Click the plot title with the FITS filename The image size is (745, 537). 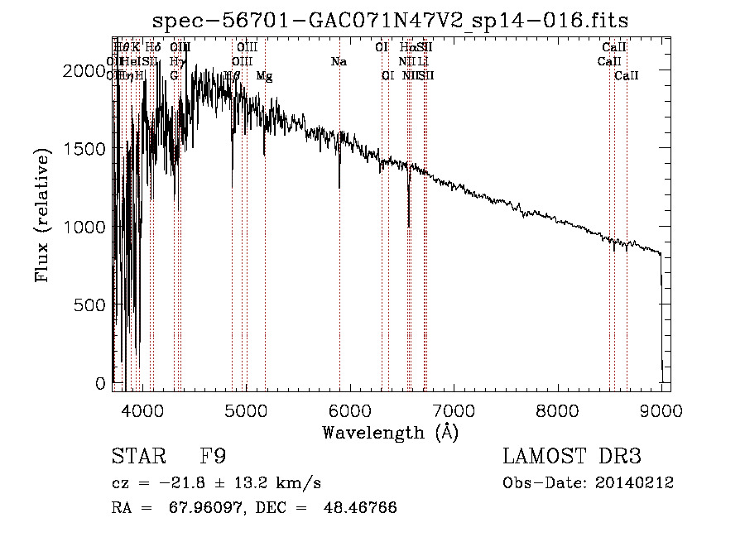coord(392,20)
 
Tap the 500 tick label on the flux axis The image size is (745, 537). coord(91,304)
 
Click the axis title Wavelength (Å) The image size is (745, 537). coord(391,432)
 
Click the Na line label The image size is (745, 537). coord(338,61)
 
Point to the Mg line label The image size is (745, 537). coord(264,75)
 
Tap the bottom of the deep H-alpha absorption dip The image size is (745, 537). coord(409,226)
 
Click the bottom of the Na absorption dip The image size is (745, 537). coord(339,188)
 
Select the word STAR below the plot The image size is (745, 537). coord(137,457)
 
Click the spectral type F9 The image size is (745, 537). coord(213,457)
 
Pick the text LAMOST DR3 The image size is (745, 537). coord(571,457)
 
